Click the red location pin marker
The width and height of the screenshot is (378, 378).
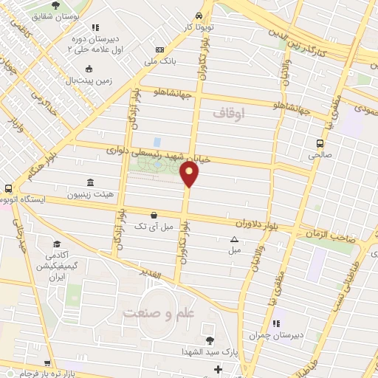190,175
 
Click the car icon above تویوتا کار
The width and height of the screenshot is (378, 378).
199,16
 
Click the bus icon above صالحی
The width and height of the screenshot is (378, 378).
319,144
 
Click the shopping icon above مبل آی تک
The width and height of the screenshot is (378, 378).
153,215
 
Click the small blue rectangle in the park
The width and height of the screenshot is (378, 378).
157,141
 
